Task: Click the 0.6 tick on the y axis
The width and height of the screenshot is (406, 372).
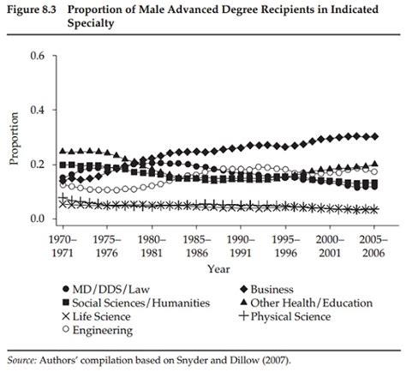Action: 34,57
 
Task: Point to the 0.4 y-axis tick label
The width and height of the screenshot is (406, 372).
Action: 34,111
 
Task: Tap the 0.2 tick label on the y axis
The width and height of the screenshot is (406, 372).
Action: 34,165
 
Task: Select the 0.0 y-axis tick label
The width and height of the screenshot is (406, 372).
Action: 34,219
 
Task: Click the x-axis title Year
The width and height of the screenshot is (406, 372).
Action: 218,269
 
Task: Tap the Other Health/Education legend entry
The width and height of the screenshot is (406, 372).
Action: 307,303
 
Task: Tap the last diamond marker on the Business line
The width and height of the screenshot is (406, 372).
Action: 374,136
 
